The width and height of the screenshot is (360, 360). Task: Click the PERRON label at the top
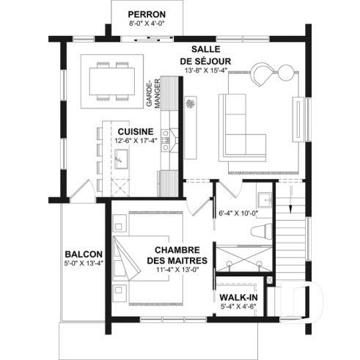click(146, 14)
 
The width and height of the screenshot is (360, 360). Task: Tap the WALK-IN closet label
click(238, 298)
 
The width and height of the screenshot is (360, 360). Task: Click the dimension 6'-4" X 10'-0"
click(236, 214)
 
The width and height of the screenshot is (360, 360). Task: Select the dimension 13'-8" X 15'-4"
click(207, 71)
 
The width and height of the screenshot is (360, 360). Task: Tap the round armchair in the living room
click(262, 73)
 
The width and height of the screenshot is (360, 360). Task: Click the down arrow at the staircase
click(292, 199)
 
